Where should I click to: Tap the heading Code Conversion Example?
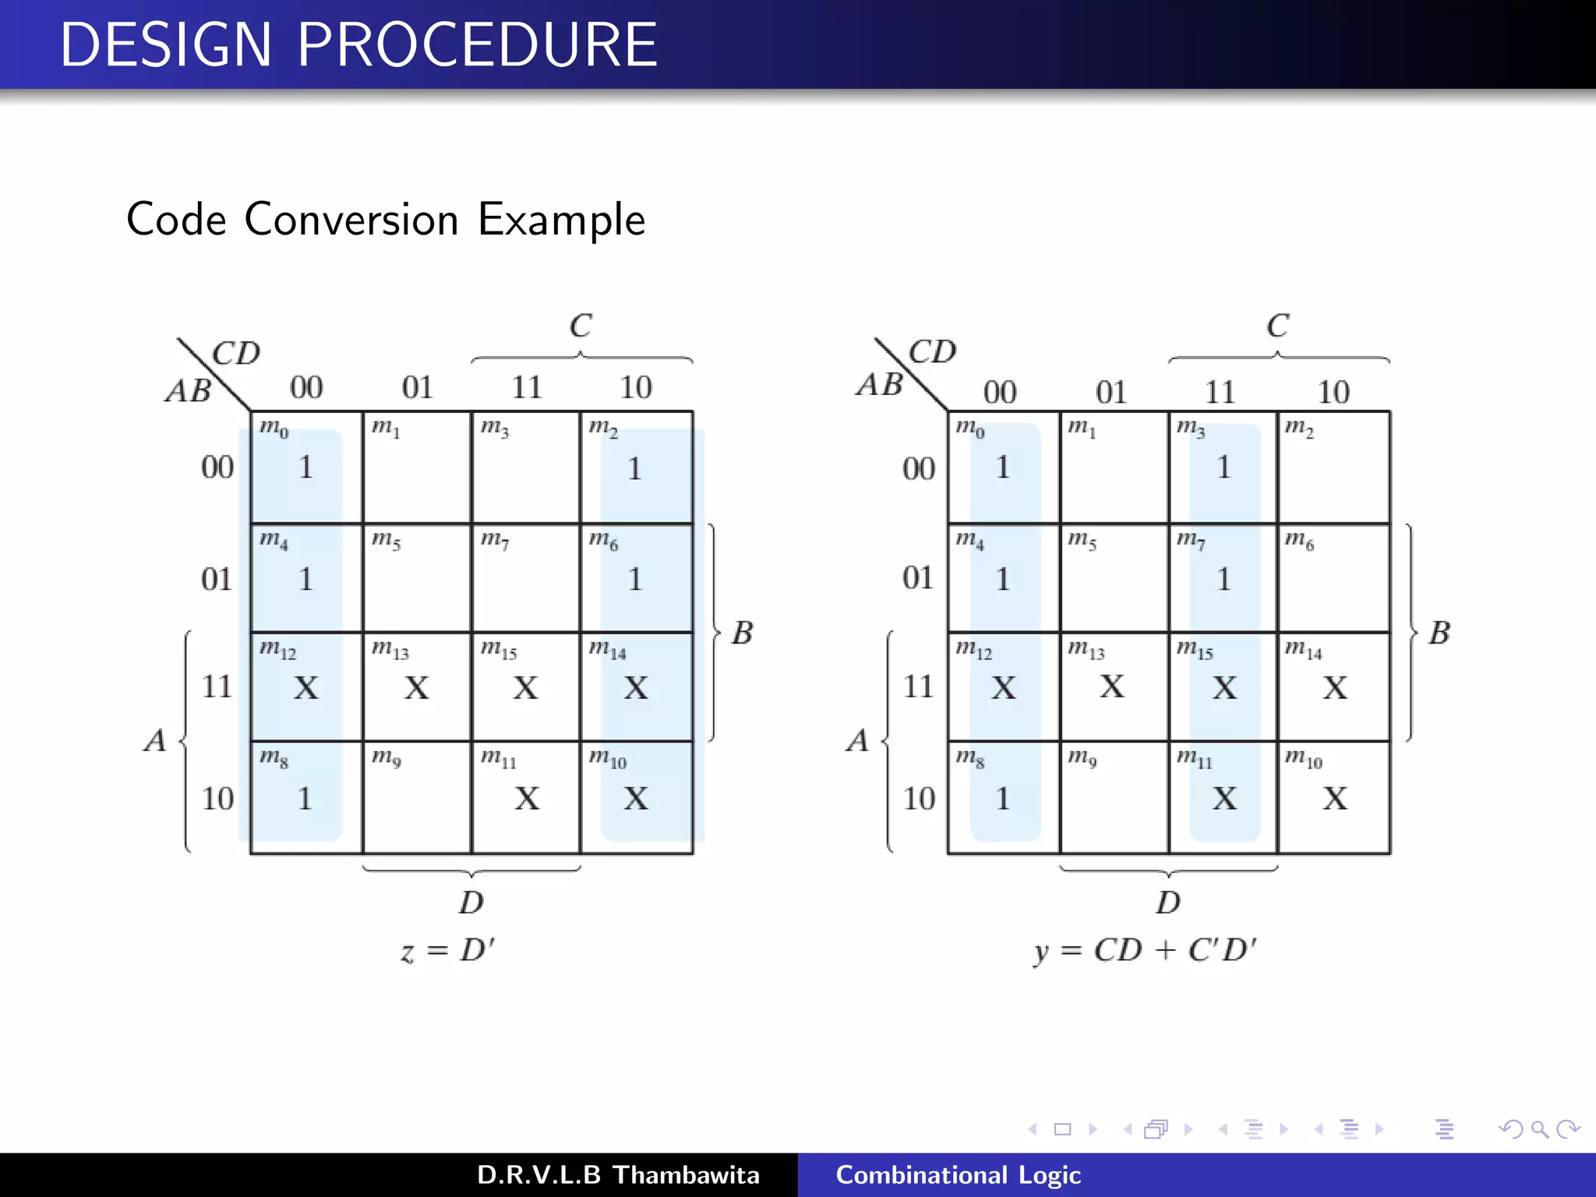click(386, 219)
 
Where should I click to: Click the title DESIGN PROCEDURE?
click(358, 44)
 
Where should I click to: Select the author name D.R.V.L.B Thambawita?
click(618, 1174)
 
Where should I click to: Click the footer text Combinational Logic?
click(958, 1174)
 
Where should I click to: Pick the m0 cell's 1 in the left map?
click(305, 468)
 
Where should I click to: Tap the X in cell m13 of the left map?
click(417, 687)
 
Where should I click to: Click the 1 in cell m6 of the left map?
click(635, 579)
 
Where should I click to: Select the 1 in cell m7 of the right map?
click(1223, 579)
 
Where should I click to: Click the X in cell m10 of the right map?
click(1334, 798)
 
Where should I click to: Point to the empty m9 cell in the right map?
click(1114, 803)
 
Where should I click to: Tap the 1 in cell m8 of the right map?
click(1003, 798)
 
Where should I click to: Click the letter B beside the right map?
click(1439, 633)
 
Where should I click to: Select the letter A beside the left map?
click(155, 740)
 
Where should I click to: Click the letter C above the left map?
click(581, 326)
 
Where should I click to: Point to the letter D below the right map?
click(1167, 902)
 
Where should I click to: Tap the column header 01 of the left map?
click(417, 387)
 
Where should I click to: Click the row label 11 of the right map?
click(918, 687)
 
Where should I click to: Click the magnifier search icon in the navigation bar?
click(1539, 1129)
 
